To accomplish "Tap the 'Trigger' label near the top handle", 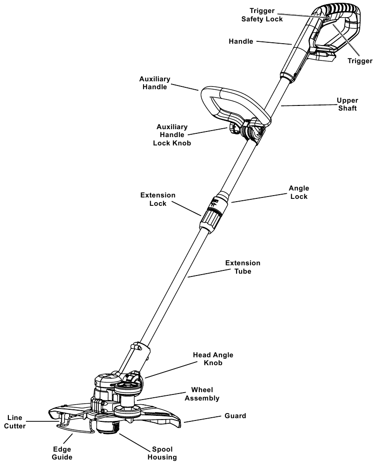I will [360, 61].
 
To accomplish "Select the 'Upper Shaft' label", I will [347, 105].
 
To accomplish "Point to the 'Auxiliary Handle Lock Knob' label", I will [172, 135].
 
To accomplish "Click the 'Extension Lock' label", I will [158, 199].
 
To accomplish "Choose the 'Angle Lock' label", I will [299, 192].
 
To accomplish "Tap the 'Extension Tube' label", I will [243, 267].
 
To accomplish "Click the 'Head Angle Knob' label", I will [213, 359].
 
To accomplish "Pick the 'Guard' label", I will [235, 416].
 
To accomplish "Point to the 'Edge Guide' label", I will [62, 453].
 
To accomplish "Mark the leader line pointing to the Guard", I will [205, 419].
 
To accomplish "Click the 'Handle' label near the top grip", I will [241, 41].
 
